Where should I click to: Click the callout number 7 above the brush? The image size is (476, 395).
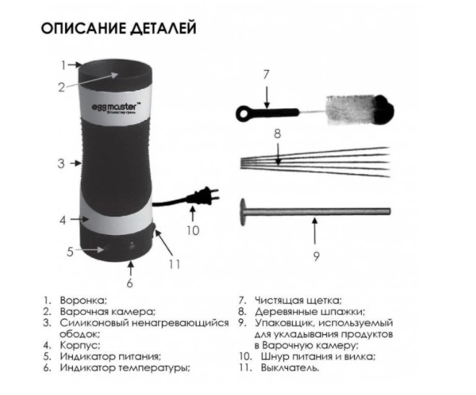[267, 74]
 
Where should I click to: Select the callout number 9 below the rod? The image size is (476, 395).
[316, 256]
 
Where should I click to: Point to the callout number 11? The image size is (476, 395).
[175, 264]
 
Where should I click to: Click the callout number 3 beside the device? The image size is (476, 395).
[61, 163]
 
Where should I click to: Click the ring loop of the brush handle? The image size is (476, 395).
[243, 113]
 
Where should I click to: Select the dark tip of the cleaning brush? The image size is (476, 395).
[384, 110]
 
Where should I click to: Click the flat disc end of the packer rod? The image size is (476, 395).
[243, 212]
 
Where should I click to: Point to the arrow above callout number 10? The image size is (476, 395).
[192, 213]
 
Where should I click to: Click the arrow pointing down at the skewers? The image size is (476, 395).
[278, 154]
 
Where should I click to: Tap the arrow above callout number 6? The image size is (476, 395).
[131, 268]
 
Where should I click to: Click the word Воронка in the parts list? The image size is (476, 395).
[84, 300]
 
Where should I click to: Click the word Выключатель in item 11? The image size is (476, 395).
[290, 368]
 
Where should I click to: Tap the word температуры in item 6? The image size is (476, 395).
[155, 368]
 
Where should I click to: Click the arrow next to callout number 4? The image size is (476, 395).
[80, 219]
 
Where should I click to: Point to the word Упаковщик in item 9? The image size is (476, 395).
[285, 324]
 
